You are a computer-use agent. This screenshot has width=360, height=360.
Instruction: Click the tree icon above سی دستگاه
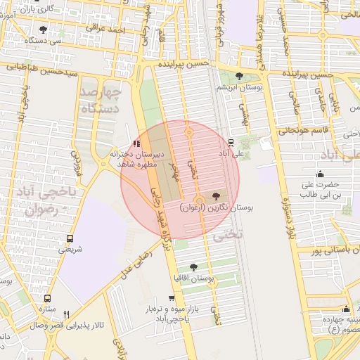point(44,30)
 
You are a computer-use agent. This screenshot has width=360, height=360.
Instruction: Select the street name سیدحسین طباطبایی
point(41,68)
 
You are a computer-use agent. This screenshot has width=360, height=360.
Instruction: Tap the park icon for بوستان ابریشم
point(240,76)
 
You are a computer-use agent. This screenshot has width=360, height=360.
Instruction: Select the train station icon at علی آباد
point(231,141)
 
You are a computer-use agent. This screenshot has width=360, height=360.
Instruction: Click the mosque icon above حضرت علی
point(321,174)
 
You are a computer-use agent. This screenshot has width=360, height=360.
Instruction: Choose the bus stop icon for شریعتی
point(69,238)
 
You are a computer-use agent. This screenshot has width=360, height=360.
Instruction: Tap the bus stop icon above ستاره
point(47,298)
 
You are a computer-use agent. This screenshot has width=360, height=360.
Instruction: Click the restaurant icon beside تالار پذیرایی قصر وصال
point(67,314)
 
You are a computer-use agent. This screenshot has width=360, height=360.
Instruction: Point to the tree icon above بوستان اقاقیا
point(193,267)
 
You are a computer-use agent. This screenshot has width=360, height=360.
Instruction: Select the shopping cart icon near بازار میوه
point(170,298)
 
